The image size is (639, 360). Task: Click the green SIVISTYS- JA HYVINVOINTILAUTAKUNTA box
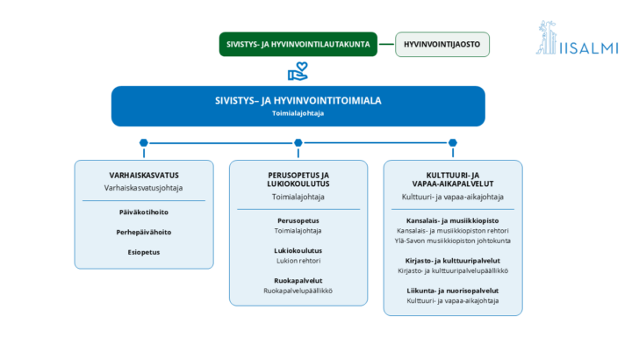(x=298, y=44)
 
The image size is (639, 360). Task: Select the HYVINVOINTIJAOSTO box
(x=442, y=45)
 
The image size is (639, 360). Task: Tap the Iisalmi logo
(x=577, y=38)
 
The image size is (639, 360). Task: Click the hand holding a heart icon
(x=298, y=71)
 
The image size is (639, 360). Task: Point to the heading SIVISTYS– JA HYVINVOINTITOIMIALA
(x=298, y=101)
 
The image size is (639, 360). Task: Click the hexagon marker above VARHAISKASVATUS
(x=144, y=143)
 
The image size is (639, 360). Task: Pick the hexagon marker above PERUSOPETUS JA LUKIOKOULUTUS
(x=298, y=143)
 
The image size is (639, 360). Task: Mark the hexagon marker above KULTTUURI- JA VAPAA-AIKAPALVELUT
(x=453, y=143)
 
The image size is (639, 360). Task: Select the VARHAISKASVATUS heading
(x=144, y=176)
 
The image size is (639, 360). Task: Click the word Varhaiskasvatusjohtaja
(x=143, y=188)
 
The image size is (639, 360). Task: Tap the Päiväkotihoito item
(x=144, y=212)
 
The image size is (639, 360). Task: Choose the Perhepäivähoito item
(x=144, y=232)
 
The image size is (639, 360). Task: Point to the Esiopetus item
(x=144, y=252)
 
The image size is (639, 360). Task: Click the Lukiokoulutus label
(x=298, y=250)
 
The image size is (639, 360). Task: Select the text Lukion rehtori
(x=298, y=261)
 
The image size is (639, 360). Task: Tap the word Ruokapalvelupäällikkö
(x=298, y=291)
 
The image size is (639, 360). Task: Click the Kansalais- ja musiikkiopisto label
(x=453, y=220)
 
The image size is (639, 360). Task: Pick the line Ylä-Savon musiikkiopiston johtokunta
(x=453, y=241)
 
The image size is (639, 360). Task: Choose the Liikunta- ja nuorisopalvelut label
(x=453, y=291)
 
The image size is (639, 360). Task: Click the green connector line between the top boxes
(x=386, y=44)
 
